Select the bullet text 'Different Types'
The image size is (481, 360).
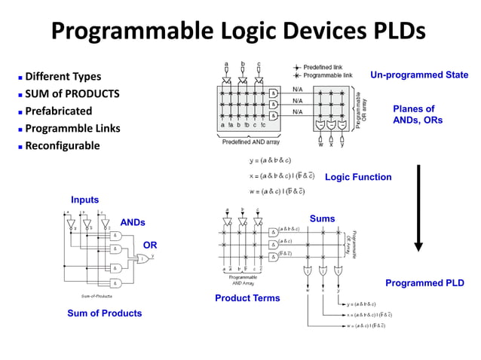63,77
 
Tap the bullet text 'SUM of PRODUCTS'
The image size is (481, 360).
72,94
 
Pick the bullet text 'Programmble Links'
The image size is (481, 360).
72,128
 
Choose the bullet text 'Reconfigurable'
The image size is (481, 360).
63,145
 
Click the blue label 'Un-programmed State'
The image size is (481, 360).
419,75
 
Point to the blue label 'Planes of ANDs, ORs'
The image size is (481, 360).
418,114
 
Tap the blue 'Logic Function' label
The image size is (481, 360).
358,178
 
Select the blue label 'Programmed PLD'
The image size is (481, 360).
424,283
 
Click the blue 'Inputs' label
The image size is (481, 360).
84,200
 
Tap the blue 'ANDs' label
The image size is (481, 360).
133,222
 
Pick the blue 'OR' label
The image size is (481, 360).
150,245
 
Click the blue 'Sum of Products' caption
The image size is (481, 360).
104,313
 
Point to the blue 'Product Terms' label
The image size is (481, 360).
247,298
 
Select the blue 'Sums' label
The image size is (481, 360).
322,218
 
